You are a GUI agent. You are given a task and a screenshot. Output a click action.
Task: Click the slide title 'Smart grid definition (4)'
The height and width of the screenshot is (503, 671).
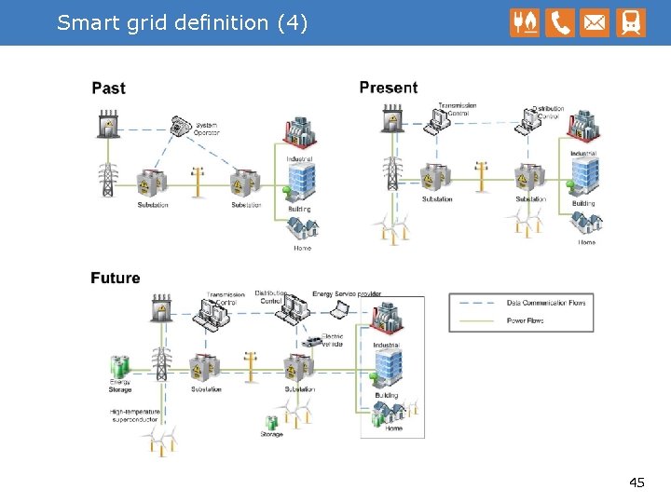click(x=182, y=22)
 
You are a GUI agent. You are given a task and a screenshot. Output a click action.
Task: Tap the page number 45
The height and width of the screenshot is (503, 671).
click(x=637, y=483)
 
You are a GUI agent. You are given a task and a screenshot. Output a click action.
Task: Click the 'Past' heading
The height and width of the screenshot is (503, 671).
click(x=108, y=88)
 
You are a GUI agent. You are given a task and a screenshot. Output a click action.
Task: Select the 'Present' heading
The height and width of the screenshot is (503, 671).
click(x=388, y=88)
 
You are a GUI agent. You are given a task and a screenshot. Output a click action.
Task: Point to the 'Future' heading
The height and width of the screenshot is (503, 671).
click(x=116, y=278)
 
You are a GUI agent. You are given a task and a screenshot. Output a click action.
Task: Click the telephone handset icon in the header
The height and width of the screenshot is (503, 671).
click(x=560, y=22)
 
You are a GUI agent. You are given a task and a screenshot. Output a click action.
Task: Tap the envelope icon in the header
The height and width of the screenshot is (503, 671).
click(x=595, y=22)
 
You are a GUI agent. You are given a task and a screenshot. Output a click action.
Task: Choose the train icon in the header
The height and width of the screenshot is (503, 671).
click(x=630, y=22)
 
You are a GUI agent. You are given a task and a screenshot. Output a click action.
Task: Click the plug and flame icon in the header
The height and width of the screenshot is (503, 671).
click(x=525, y=22)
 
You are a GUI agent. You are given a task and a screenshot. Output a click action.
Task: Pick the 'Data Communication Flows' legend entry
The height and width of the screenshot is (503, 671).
click(x=546, y=303)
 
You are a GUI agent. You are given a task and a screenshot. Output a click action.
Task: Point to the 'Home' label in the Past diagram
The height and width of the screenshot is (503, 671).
click(x=302, y=248)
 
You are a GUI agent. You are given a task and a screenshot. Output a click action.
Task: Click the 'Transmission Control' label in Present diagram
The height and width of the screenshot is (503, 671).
click(x=458, y=109)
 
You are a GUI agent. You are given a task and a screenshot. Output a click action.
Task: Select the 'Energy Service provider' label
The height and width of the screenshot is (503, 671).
click(x=347, y=294)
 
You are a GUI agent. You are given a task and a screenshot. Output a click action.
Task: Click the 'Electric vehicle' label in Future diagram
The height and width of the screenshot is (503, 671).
click(x=332, y=340)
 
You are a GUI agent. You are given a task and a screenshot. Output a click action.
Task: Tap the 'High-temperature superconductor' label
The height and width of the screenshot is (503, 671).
click(x=135, y=415)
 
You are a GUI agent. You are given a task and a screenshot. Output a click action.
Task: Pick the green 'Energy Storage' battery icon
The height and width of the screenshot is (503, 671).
click(x=119, y=366)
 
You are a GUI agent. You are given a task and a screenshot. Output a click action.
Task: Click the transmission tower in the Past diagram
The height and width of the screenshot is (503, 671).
click(x=108, y=179)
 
